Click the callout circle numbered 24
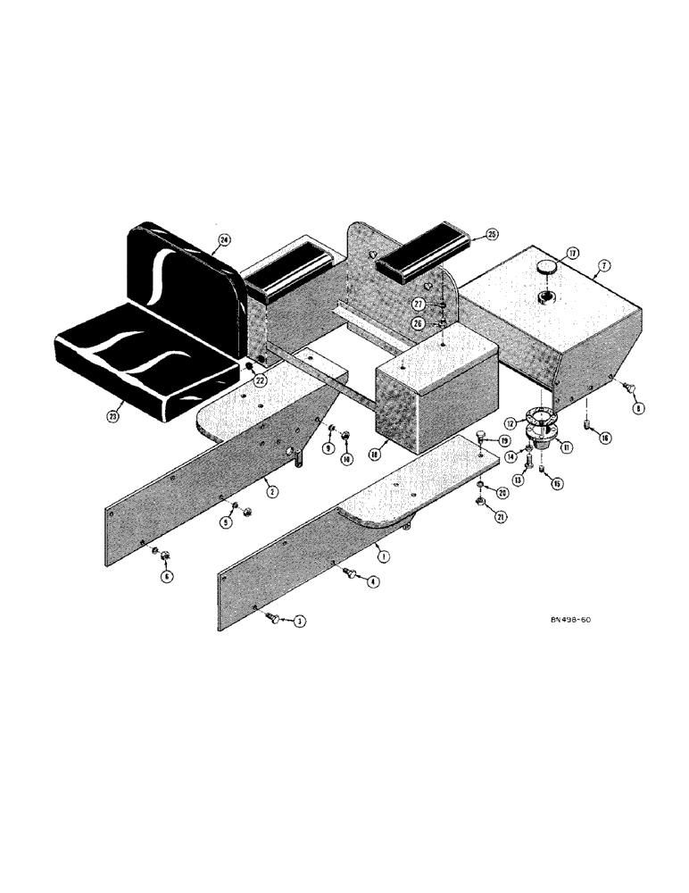coord(224,239)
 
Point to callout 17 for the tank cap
coord(571,253)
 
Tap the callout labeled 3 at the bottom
coord(300,621)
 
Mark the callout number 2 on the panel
coord(269,490)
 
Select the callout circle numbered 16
coord(606,438)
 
